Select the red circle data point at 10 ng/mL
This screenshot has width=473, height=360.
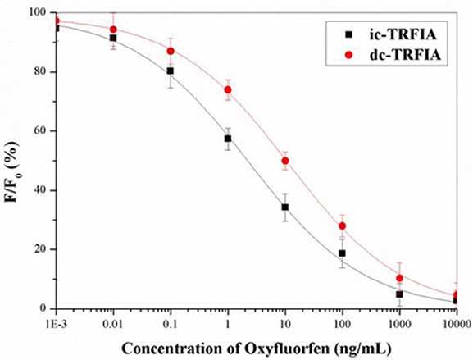[x=285, y=161]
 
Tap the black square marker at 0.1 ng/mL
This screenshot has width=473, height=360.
[x=171, y=71]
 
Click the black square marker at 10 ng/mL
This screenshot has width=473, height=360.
[x=285, y=207]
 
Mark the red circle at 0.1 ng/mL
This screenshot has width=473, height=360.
[x=171, y=52]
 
